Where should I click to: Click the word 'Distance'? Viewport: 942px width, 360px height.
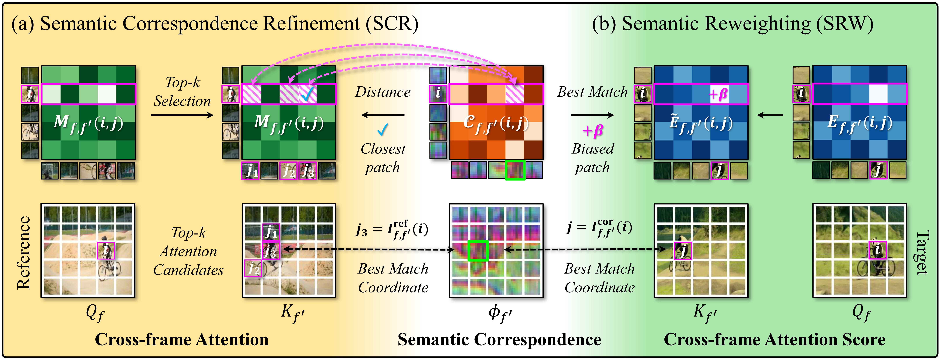pyautogui.click(x=383, y=92)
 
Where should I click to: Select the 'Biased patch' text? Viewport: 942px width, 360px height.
pyautogui.click(x=592, y=158)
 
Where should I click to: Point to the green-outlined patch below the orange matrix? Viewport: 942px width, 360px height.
pyautogui.click(x=515, y=170)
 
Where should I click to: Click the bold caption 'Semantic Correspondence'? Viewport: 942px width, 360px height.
pyautogui.click(x=499, y=340)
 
